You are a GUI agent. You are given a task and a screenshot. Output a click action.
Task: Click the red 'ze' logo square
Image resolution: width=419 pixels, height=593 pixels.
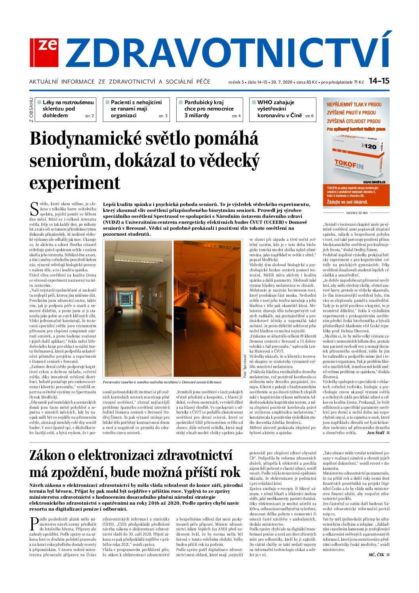(x=44, y=52)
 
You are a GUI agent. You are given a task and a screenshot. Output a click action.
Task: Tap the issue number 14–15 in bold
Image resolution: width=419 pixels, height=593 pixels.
(x=379, y=81)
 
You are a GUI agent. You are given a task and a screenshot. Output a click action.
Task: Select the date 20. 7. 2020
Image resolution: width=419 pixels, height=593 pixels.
(x=281, y=82)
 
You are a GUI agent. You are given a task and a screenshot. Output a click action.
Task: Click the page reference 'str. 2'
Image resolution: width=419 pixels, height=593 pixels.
(x=90, y=116)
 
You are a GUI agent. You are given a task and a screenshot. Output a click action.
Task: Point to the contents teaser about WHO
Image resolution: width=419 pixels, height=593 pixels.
(x=282, y=109)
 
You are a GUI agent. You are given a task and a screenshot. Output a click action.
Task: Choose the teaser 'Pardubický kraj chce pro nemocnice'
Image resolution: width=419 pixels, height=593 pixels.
(x=209, y=109)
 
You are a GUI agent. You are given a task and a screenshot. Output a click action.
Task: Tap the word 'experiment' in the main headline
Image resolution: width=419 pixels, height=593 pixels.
(x=74, y=183)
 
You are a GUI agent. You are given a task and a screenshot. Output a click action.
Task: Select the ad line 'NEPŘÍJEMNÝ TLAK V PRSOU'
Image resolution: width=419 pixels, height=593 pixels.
(x=354, y=105)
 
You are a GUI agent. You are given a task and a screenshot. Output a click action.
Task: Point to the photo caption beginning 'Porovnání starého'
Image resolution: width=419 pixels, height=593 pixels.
(x=162, y=382)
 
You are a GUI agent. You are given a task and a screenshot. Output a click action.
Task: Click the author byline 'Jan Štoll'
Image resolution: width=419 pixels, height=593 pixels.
(x=375, y=433)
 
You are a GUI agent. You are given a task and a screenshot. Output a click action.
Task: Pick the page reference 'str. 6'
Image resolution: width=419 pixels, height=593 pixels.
(x=309, y=116)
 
